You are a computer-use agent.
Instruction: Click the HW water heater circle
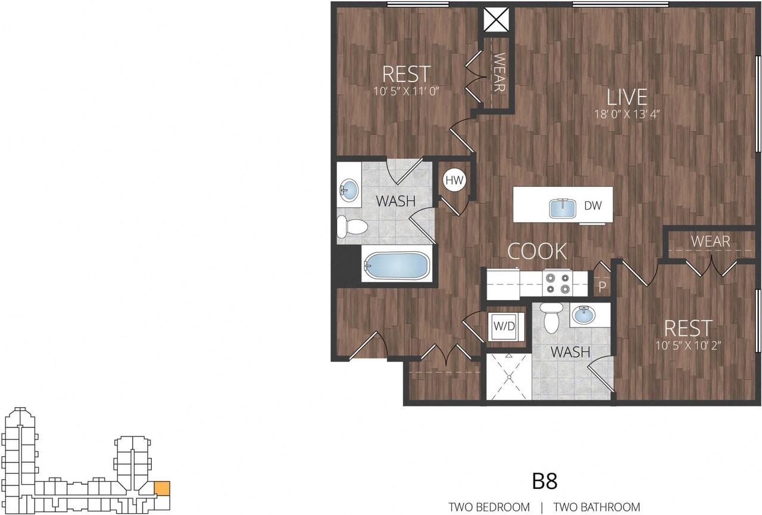point(454,180)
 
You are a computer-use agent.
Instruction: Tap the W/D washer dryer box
point(504,326)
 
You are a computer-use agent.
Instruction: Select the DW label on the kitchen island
point(592,205)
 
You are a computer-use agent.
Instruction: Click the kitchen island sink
point(563,208)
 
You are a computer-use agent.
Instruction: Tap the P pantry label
point(602,287)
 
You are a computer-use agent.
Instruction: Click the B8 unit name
point(545,481)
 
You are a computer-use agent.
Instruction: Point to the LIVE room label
point(627,97)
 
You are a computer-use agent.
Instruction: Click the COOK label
point(537,251)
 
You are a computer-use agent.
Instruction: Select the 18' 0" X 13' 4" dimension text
point(627,114)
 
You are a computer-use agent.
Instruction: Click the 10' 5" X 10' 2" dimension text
point(688,345)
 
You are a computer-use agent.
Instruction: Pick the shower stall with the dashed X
point(508,377)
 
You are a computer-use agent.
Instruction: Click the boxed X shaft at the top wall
point(496,20)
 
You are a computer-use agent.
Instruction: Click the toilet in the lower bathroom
point(551,318)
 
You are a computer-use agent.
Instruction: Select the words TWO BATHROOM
point(597,507)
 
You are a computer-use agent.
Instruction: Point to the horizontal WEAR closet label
point(710,242)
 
